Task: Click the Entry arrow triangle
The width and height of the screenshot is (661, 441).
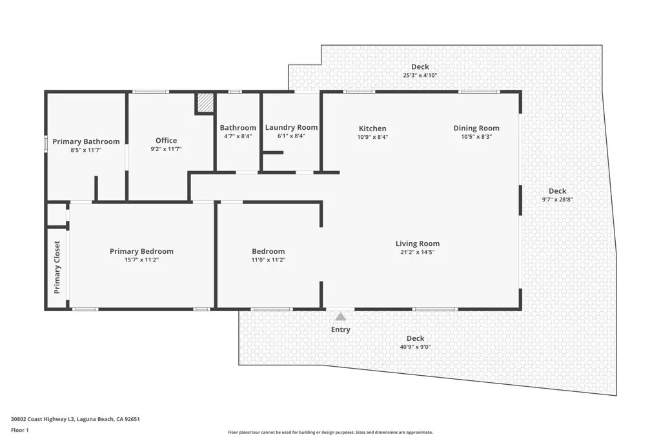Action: tap(340, 316)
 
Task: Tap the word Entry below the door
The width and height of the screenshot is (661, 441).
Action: tap(340, 330)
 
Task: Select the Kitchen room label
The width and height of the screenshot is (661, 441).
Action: tap(372, 128)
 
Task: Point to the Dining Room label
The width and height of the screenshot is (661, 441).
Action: tap(476, 128)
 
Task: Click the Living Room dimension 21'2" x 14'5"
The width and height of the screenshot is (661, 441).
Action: tap(417, 252)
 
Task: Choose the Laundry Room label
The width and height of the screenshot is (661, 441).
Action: tap(291, 128)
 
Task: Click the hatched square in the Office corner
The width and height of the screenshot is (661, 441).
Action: tap(205, 103)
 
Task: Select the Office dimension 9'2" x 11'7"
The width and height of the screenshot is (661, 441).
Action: tap(166, 149)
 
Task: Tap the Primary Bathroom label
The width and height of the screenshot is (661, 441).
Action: tap(86, 141)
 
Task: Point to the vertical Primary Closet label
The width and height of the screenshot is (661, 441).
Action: tap(57, 267)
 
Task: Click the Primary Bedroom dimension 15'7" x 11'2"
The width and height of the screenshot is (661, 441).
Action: tap(141, 260)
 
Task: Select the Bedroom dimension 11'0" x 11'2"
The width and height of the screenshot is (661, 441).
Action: tap(268, 260)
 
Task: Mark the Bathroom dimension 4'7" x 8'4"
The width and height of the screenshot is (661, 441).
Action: tap(238, 136)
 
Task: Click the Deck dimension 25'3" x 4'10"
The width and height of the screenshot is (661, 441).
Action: tap(420, 75)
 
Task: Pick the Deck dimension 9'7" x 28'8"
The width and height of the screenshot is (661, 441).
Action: tap(557, 200)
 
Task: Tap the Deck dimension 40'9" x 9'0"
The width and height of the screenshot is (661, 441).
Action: tap(415, 347)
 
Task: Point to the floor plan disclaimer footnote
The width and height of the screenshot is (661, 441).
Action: tap(330, 433)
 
